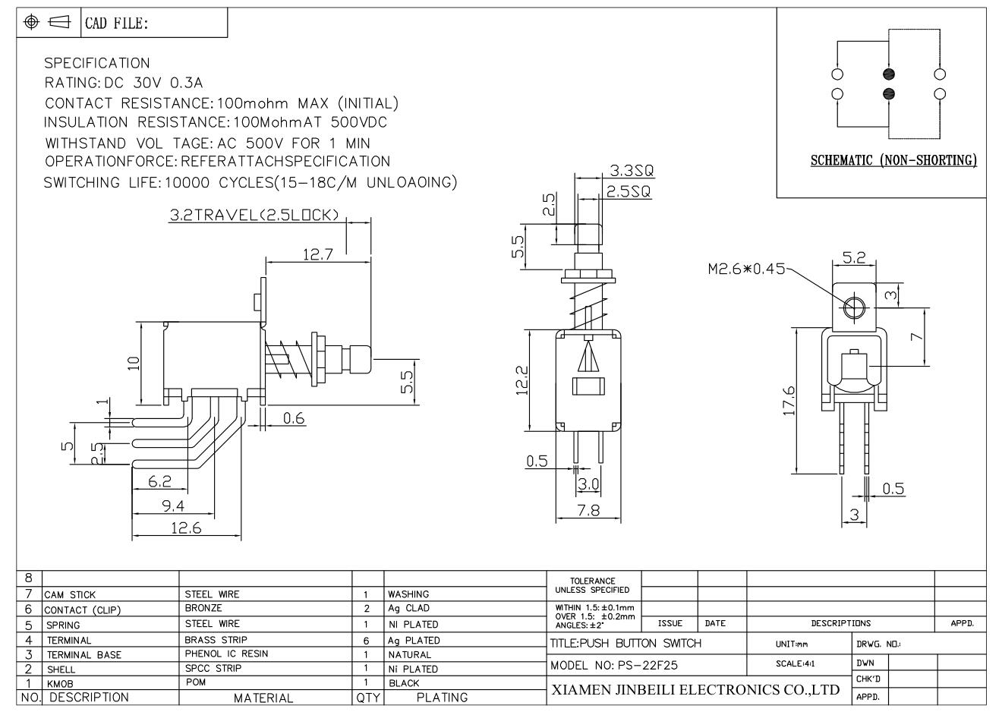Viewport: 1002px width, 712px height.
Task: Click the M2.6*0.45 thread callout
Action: [x=745, y=269]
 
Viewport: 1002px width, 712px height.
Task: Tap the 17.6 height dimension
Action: [x=789, y=401]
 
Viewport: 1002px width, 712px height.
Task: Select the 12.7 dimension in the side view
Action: [x=318, y=254]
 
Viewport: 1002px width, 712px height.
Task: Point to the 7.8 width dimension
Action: [x=589, y=510]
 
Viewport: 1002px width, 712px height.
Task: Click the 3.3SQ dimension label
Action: [x=632, y=170]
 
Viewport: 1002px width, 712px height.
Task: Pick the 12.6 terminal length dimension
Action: [x=187, y=528]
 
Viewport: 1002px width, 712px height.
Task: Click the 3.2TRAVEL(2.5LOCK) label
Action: [x=254, y=215]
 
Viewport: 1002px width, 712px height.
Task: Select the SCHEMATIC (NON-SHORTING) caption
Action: [x=893, y=160]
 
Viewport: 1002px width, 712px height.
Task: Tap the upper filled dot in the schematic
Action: [x=889, y=74]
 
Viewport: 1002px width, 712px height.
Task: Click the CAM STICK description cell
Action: [x=71, y=595]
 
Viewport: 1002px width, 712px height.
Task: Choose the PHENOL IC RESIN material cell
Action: [x=226, y=654]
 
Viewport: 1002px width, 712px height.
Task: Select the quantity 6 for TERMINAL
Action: [x=367, y=641]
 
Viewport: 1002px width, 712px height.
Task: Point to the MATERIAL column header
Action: [x=263, y=698]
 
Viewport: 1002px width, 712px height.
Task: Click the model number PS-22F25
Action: [x=648, y=665]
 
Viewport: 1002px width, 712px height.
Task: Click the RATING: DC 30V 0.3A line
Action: [x=124, y=83]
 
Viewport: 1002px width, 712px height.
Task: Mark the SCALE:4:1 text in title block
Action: [x=796, y=663]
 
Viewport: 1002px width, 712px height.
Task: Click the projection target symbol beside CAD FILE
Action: [x=31, y=21]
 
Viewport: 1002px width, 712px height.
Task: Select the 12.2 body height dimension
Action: [x=522, y=380]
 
